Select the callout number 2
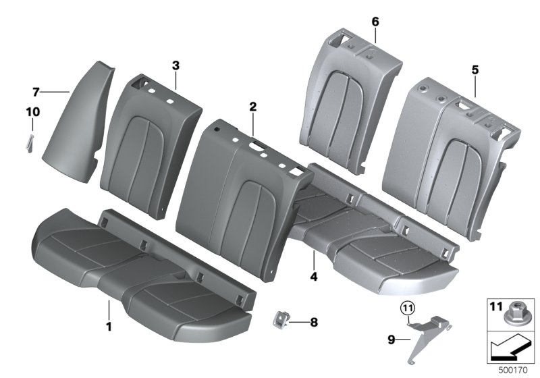pos(252,107)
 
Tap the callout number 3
pos(175,65)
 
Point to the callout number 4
pos(313,275)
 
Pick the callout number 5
pos(475,70)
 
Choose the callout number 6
pos(375,22)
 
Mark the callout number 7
pos(36,91)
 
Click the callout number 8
pos(313,323)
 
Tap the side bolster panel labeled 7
pos(80,115)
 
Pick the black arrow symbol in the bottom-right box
pos(510,349)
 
